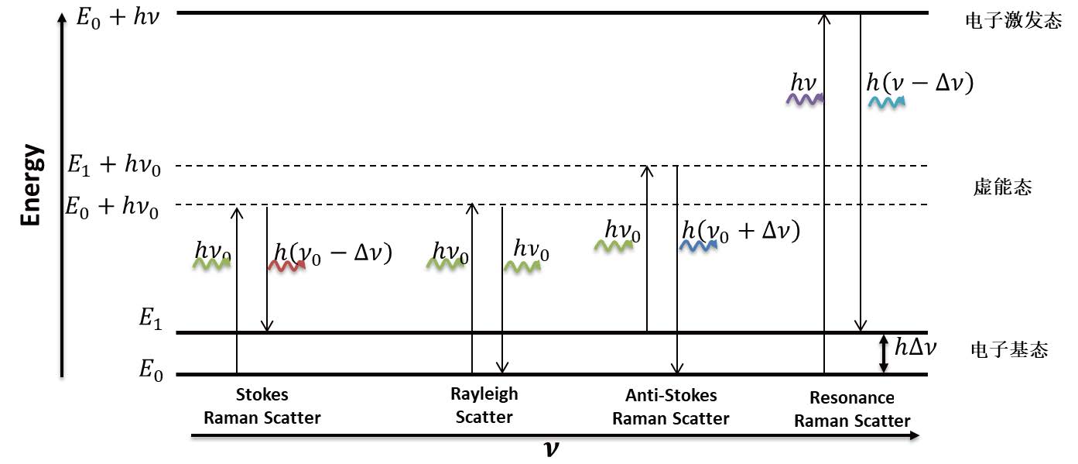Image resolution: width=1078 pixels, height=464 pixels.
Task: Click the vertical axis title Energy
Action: pyautogui.click(x=32, y=184)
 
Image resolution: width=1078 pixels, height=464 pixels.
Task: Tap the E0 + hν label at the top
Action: pyautogui.click(x=118, y=16)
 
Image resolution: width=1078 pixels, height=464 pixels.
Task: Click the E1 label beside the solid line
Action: pyautogui.click(x=150, y=320)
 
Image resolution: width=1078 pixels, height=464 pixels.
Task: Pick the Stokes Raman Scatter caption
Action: pyautogui.click(x=262, y=407)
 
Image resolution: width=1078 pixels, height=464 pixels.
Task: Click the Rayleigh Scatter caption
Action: pyautogui.click(x=484, y=405)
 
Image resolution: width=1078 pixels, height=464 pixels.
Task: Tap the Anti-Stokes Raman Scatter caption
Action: pyautogui.click(x=671, y=407)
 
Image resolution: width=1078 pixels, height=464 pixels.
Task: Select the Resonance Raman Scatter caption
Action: pyautogui.click(x=852, y=410)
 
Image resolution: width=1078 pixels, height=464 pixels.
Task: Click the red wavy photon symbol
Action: pyautogui.click(x=286, y=265)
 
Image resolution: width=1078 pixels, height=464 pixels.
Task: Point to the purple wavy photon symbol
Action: pyautogui.click(x=804, y=99)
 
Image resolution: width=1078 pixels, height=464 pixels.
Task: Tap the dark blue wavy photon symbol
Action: pyautogui.click(x=699, y=246)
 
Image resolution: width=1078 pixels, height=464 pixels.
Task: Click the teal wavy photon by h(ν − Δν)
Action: pyautogui.click(x=886, y=102)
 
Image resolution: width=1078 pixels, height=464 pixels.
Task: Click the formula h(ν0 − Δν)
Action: pyautogui.click(x=333, y=253)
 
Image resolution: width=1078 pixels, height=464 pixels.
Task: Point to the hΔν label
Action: pyautogui.click(x=915, y=347)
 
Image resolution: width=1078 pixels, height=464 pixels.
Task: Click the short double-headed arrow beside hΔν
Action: pyautogui.click(x=883, y=354)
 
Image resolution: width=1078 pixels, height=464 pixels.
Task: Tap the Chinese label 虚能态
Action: pyautogui.click(x=1002, y=187)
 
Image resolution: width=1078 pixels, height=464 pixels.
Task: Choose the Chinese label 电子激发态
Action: pyautogui.click(x=1009, y=21)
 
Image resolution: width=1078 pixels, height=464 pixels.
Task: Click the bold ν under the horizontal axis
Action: pyautogui.click(x=551, y=449)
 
